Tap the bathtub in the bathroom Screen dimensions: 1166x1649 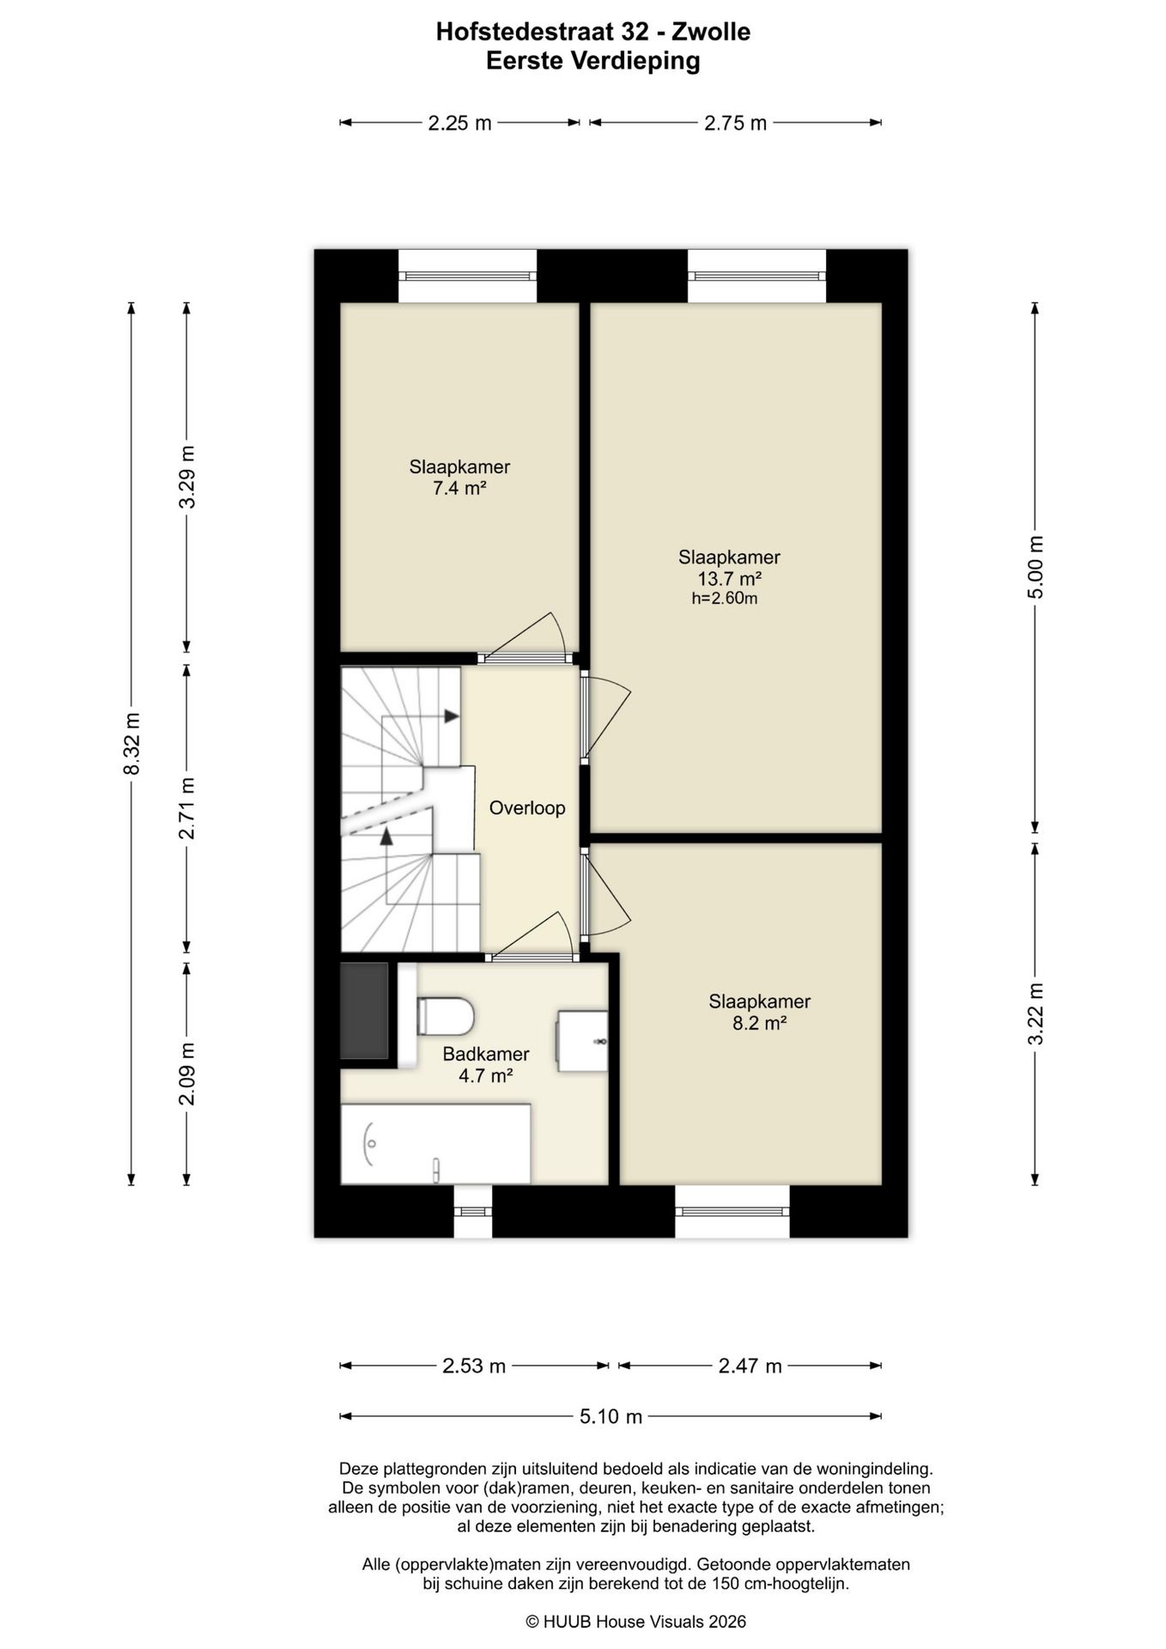click(x=435, y=1144)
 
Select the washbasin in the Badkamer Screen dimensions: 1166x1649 click(x=582, y=1041)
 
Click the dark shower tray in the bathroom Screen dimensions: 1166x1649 click(x=364, y=1011)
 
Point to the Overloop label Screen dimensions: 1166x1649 click(x=527, y=808)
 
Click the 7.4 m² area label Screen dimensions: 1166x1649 click(x=459, y=489)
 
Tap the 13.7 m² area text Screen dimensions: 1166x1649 click(x=729, y=579)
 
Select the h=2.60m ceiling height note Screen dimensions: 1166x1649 click(x=725, y=599)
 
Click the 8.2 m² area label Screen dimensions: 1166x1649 click(x=759, y=1024)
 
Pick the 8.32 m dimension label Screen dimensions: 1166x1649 click(x=131, y=744)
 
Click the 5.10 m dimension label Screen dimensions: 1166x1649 click(x=610, y=1416)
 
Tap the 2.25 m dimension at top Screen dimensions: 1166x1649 click(x=459, y=123)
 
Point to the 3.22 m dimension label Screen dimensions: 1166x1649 click(x=1035, y=1014)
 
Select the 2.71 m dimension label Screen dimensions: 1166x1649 click(x=186, y=808)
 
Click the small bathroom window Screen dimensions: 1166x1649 click(x=473, y=1211)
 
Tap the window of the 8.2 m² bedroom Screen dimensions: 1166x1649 click(x=732, y=1211)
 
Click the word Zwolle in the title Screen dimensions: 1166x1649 click(x=711, y=33)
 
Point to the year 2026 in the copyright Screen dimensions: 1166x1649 click(x=726, y=1622)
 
